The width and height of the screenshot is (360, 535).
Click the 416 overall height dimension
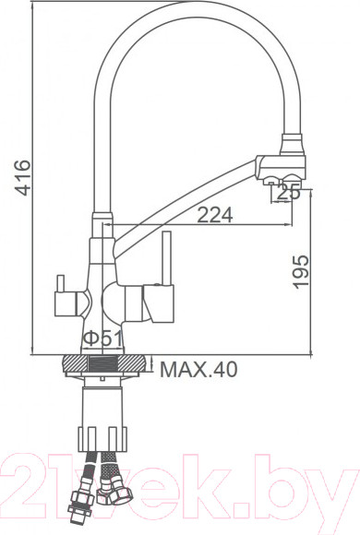[x=23, y=178]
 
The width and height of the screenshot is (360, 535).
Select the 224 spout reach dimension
[x=213, y=214]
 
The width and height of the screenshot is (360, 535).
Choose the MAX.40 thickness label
[x=198, y=370]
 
